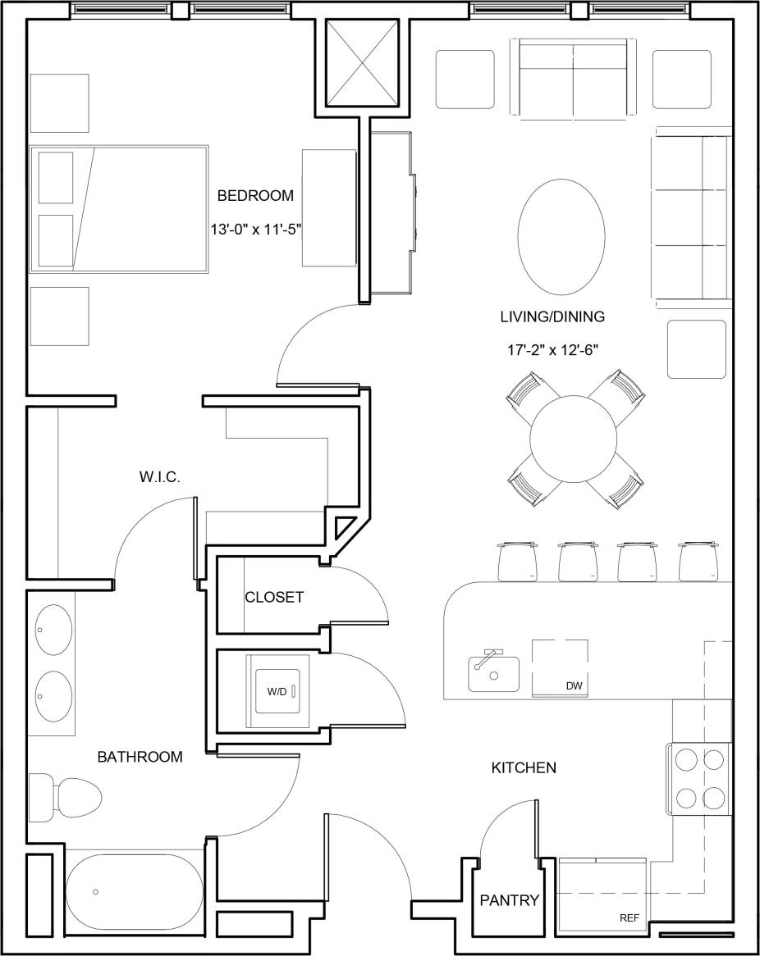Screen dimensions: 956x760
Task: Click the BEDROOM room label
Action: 254,196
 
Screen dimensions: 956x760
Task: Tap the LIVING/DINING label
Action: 552,316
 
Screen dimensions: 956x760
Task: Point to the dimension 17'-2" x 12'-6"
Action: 552,350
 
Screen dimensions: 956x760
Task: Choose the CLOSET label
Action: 274,598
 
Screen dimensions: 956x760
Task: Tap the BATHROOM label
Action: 140,757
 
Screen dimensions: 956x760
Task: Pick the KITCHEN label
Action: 524,768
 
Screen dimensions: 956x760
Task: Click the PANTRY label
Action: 509,901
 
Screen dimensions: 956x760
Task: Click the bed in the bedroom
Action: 119,209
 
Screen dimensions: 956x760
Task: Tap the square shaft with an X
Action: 361,63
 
